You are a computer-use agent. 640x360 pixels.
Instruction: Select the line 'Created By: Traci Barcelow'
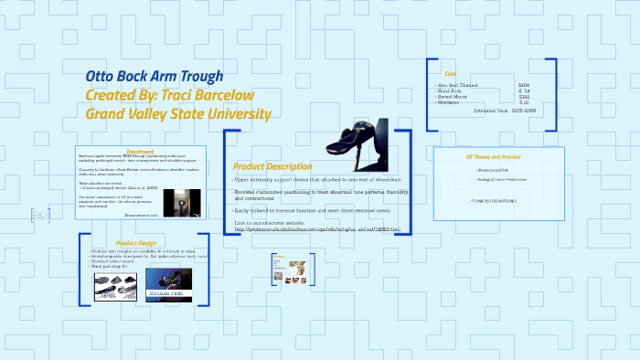(x=169, y=95)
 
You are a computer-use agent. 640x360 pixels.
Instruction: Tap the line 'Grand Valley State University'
(x=178, y=114)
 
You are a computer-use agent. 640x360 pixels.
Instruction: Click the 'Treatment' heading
(x=140, y=151)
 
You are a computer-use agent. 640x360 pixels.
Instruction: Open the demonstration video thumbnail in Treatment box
(x=189, y=202)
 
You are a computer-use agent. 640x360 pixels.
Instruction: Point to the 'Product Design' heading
(x=136, y=243)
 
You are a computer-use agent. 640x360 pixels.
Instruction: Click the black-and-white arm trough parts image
(x=116, y=286)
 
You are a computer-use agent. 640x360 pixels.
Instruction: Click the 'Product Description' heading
(x=272, y=166)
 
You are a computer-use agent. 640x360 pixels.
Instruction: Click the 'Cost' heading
(x=450, y=74)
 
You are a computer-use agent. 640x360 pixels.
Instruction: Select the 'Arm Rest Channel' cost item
(x=461, y=85)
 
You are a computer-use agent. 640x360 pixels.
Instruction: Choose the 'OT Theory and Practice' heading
(x=494, y=156)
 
